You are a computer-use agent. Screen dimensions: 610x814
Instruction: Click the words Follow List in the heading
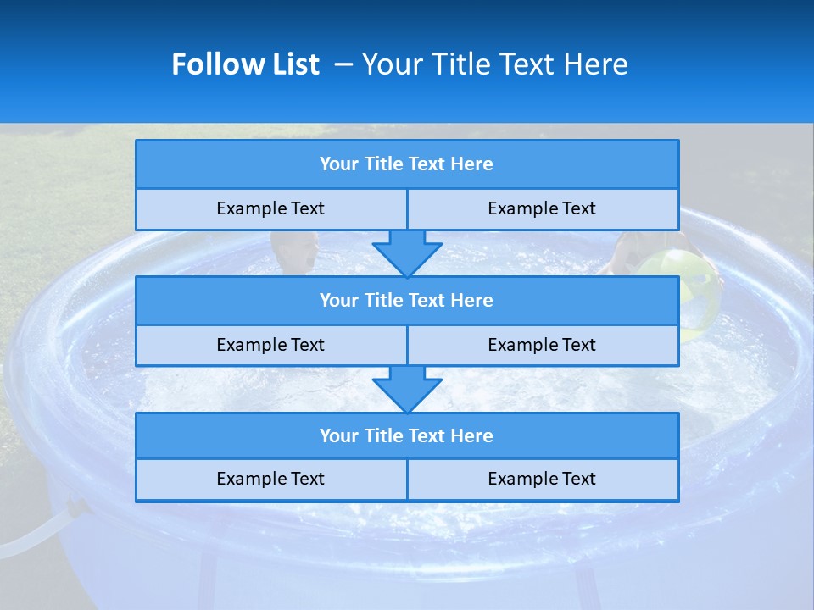245,64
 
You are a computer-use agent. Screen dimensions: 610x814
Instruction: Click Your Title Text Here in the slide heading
494,64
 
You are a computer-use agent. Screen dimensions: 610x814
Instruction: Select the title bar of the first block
406,164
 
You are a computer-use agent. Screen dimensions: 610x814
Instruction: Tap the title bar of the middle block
406,300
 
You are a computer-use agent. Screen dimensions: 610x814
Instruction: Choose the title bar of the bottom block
406,435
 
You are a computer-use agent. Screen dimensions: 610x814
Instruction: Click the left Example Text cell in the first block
270,208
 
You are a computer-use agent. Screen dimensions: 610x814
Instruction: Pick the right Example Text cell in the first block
542,208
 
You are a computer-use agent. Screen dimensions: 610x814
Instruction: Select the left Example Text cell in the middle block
270,345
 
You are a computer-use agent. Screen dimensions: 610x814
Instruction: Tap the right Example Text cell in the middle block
542,345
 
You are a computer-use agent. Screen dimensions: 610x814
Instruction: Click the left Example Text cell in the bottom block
270,479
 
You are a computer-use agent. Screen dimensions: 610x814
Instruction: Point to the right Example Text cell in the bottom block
542,479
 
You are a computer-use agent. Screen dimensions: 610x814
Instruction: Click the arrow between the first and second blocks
407,252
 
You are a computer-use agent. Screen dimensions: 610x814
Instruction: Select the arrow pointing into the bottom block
407,389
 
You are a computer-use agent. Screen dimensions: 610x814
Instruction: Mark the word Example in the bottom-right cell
514,479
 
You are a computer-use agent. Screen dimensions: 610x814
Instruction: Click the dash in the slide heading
343,64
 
